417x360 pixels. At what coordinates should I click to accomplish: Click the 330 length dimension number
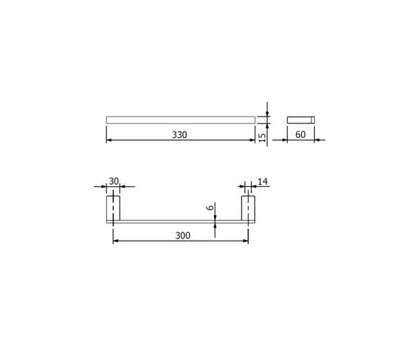(180, 134)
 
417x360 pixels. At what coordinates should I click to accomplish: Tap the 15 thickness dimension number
(262, 137)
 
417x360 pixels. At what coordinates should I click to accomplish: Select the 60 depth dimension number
(300, 134)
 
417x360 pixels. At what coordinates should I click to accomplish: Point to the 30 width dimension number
(113, 181)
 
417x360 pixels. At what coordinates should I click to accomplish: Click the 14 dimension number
(262, 181)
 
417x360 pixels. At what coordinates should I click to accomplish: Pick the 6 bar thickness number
(210, 207)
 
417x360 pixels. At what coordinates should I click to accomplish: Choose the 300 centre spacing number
(183, 235)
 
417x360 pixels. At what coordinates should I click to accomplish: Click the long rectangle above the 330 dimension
(181, 120)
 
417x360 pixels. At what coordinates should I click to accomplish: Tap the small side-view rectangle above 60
(301, 120)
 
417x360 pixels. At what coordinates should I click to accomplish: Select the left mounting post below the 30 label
(113, 208)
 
